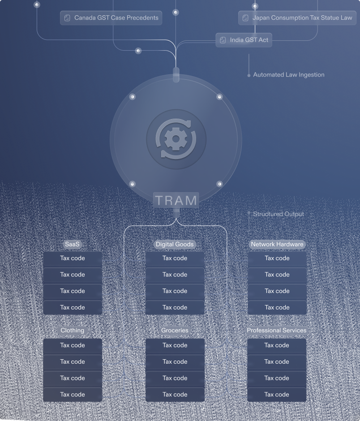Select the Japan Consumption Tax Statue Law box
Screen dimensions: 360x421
pyautogui.click(x=297, y=18)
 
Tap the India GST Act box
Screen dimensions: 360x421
pyautogui.click(x=244, y=40)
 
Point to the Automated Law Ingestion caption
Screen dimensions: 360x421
pyautogui.click(x=288, y=75)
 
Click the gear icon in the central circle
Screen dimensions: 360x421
pyautogui.click(x=176, y=139)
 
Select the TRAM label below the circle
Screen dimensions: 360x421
pyautogui.click(x=176, y=200)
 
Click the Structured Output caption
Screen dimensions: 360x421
pyautogui.click(x=278, y=214)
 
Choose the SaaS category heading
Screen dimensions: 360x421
pyautogui.click(x=72, y=244)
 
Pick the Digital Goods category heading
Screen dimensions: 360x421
pyautogui.click(x=175, y=244)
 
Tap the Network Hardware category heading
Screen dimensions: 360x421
pyautogui.click(x=277, y=244)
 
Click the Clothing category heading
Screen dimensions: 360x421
pyautogui.click(x=72, y=330)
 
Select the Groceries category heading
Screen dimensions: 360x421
pyautogui.click(x=175, y=330)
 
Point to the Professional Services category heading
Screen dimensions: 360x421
pyautogui.click(x=277, y=330)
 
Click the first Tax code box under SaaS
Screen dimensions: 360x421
pyautogui.click(x=73, y=258)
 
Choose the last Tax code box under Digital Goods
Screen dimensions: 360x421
pyautogui.click(x=175, y=308)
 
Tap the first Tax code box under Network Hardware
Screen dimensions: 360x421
pyautogui.click(x=277, y=258)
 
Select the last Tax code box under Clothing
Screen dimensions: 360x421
pyautogui.click(x=73, y=395)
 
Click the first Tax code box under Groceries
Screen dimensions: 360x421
pyautogui.click(x=175, y=345)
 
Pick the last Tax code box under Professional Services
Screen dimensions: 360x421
pyautogui.click(x=277, y=395)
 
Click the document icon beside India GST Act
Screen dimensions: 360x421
pyautogui.click(x=223, y=40)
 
